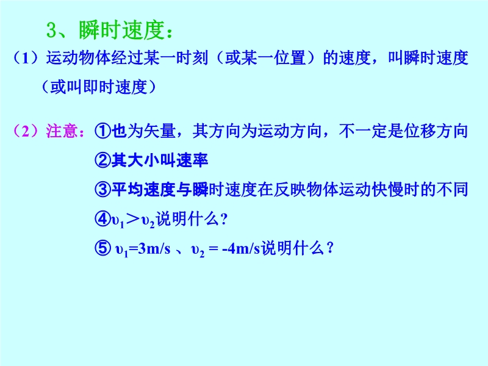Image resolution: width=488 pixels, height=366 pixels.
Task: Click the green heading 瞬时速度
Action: click(x=121, y=30)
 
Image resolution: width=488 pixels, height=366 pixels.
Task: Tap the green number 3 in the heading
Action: click(x=51, y=30)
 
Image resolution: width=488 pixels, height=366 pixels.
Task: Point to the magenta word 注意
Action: click(x=62, y=131)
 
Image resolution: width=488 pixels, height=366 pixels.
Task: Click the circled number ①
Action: click(x=102, y=131)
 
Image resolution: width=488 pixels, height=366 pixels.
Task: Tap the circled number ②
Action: click(x=102, y=160)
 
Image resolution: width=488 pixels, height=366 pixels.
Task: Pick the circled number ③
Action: click(x=102, y=190)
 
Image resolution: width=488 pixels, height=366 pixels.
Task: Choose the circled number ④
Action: click(x=102, y=219)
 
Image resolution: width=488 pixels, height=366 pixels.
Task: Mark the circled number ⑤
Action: click(x=102, y=248)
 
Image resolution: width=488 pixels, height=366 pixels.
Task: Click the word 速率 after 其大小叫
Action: click(x=192, y=160)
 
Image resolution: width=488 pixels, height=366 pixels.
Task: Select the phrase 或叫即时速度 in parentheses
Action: click(x=99, y=87)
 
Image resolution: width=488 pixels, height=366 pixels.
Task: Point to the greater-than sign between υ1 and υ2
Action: click(x=133, y=219)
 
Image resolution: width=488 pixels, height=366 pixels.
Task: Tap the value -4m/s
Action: click(x=241, y=249)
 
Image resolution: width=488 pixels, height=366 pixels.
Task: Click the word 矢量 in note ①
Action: click(x=160, y=131)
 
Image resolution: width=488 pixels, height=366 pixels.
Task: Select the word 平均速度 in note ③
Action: click(x=144, y=190)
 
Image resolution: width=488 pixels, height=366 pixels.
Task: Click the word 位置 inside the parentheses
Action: click(x=290, y=58)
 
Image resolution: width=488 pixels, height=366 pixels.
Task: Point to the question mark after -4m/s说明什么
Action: click(x=330, y=248)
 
